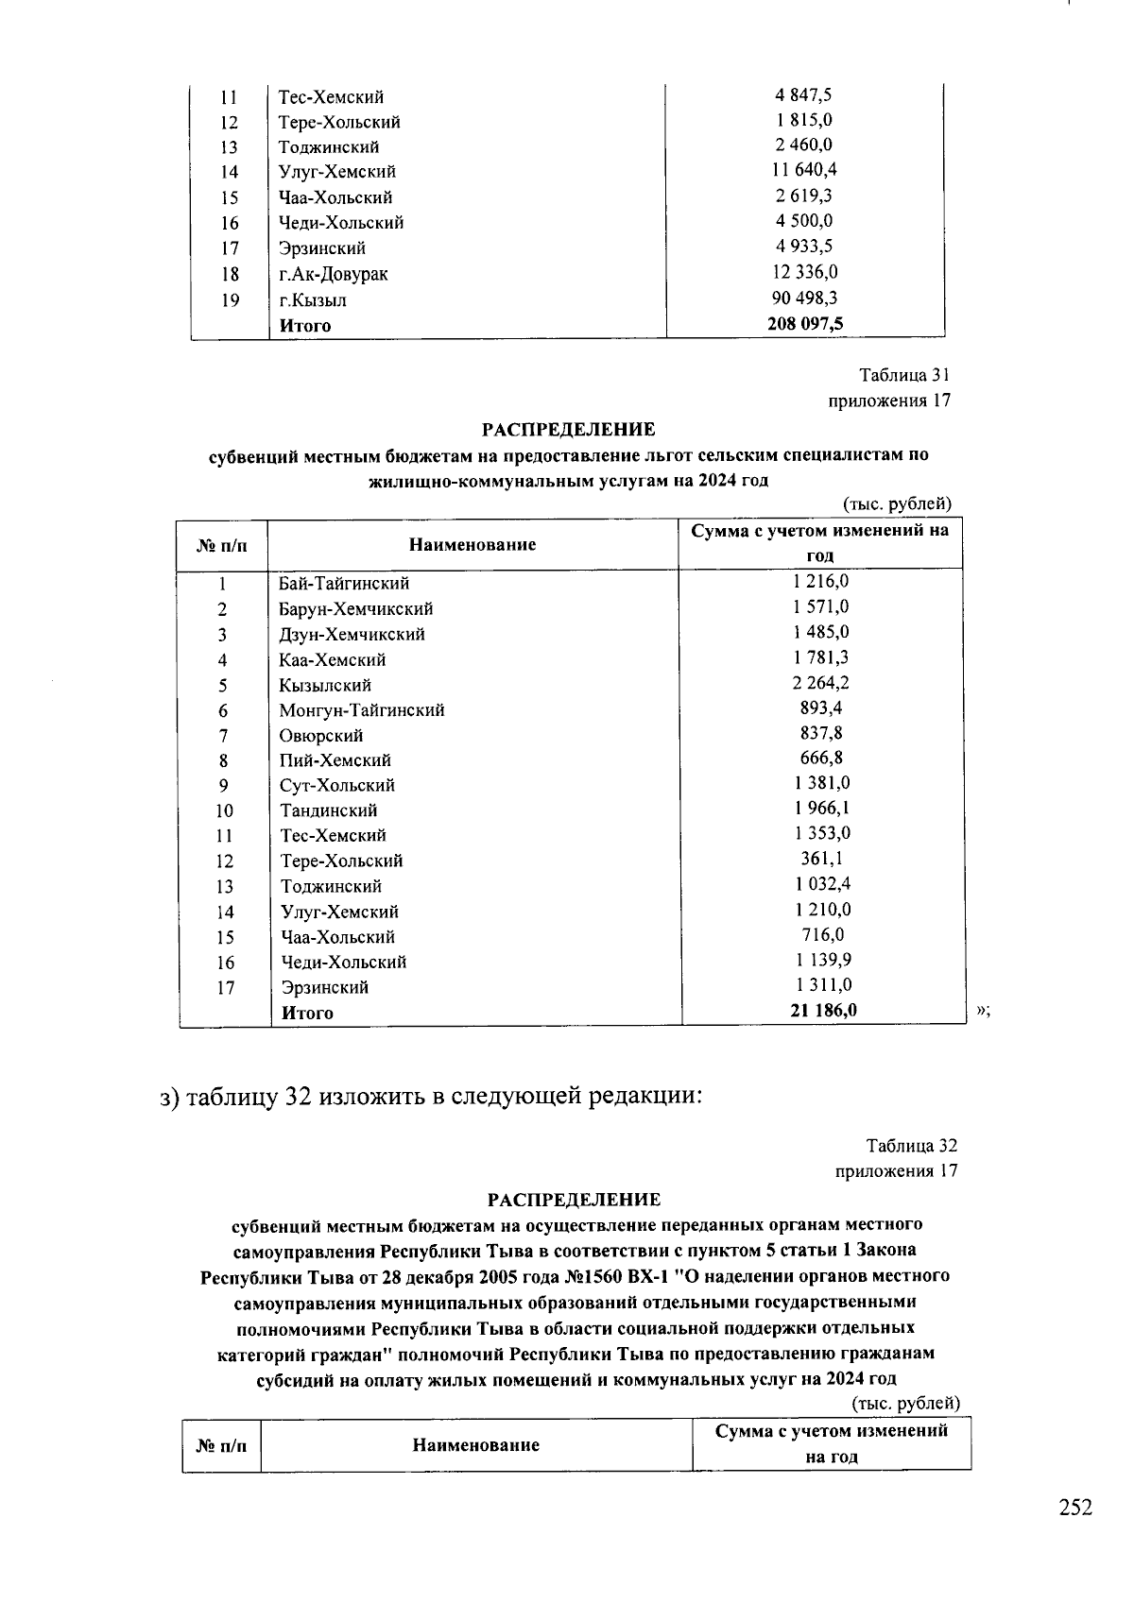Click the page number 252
1075,1507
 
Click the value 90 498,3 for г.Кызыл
804,298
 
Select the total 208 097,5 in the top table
804,324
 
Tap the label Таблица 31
904,375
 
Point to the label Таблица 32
912,1146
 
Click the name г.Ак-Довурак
333,274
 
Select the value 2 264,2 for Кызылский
820,683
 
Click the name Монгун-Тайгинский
361,709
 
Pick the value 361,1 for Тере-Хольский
821,859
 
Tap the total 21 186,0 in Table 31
823,1011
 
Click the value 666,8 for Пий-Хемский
821,758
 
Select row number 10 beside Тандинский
224,810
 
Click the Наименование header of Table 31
472,544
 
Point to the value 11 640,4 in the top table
804,170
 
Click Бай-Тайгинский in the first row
344,583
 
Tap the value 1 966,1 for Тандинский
821,808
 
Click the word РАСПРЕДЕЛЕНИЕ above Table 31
569,430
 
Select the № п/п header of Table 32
221,1445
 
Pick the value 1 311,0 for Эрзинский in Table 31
822,985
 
